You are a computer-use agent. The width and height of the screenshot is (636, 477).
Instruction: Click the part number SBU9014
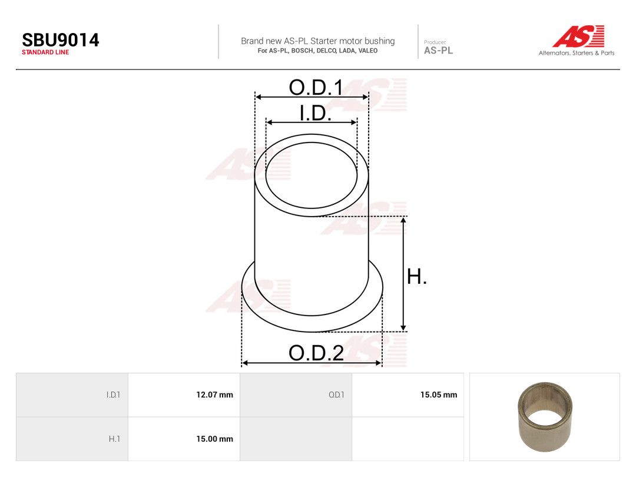click(x=61, y=40)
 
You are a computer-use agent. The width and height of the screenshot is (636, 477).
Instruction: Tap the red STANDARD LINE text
click(x=45, y=52)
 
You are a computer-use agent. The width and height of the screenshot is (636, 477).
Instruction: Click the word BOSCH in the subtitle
click(x=302, y=51)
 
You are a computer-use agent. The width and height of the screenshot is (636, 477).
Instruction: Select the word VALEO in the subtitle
click(x=368, y=51)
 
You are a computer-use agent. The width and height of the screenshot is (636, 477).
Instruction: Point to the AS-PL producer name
click(x=439, y=50)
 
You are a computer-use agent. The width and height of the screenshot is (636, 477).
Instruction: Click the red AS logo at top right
click(x=579, y=36)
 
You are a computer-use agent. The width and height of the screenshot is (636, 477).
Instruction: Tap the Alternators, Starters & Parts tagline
click(x=577, y=53)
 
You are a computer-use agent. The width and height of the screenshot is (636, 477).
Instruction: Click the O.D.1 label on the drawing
click(x=316, y=88)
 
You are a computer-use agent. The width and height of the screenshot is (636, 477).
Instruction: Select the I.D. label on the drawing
click(x=315, y=113)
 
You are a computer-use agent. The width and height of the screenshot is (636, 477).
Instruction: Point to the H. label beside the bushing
click(x=417, y=277)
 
